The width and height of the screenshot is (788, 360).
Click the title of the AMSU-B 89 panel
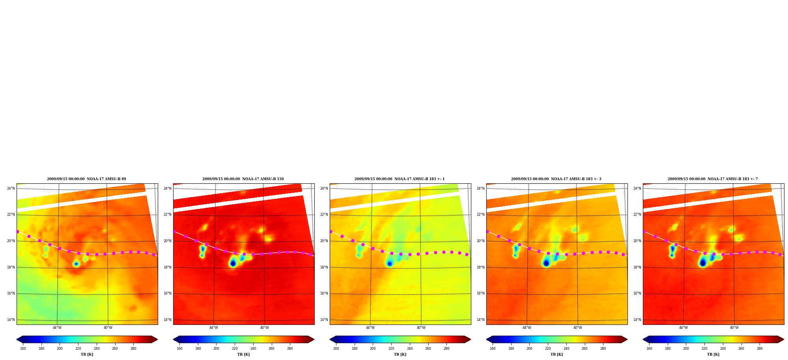86,179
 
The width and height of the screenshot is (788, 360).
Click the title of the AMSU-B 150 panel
243,179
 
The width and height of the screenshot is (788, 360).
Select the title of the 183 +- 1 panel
400,179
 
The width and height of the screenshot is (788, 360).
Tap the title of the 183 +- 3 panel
556,179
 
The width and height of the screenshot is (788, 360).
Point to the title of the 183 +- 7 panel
713,179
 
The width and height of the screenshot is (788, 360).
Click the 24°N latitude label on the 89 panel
11,188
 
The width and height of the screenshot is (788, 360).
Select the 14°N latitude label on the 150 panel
167,320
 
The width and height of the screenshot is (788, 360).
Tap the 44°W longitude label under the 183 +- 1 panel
370,328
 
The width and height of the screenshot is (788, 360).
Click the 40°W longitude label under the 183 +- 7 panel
734,328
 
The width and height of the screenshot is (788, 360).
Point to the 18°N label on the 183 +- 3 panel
480,267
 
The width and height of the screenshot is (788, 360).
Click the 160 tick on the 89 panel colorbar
23,349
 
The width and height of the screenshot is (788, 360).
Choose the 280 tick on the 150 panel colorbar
290,349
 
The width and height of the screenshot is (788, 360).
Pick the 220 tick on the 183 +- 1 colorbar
391,349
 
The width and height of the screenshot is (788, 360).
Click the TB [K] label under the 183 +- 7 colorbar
713,354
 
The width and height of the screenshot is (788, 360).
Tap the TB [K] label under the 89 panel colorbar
87,354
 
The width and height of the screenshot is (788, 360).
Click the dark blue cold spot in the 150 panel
233,263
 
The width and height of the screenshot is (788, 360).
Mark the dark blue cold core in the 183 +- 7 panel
702,263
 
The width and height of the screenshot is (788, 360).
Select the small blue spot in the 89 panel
76,264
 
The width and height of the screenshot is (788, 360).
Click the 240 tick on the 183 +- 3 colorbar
566,349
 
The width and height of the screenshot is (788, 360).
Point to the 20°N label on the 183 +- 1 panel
324,241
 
